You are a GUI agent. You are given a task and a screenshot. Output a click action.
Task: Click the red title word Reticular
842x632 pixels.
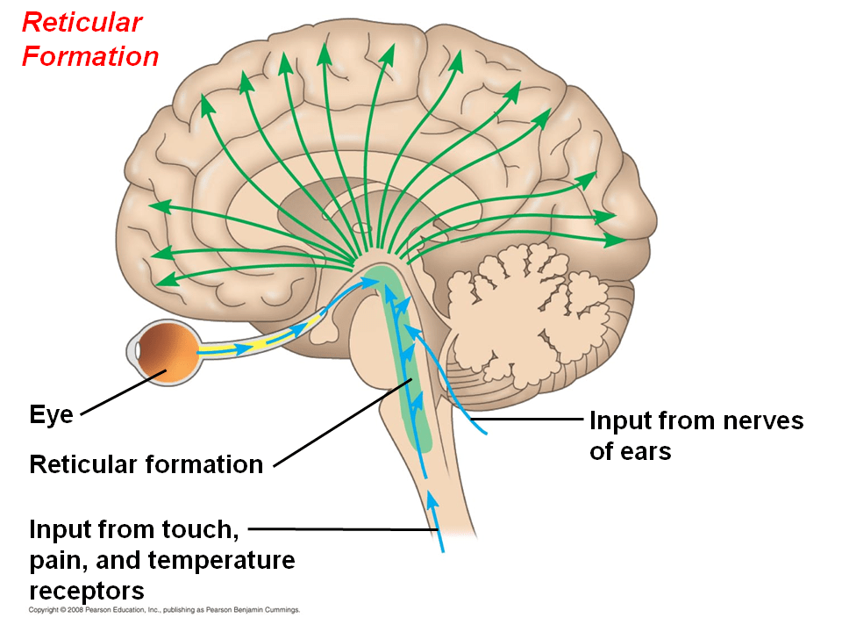pos(82,22)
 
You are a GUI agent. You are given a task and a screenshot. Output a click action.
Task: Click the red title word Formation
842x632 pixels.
pos(90,56)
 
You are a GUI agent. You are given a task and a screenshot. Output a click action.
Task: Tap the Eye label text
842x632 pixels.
pos(51,414)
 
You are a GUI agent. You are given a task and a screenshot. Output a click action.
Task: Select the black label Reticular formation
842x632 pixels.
pos(146,464)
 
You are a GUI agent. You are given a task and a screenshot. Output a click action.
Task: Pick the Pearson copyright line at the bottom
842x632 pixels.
pos(165,609)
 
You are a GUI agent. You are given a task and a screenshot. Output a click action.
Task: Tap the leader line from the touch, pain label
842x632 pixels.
pos(342,529)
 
